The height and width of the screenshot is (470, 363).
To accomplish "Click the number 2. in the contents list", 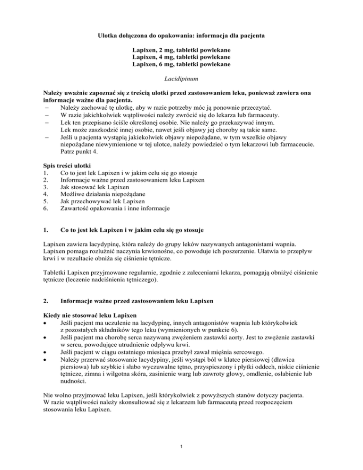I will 44,176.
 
